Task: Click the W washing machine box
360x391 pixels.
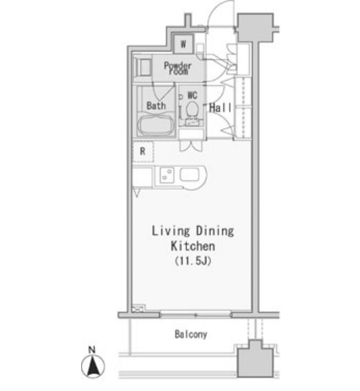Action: [183, 44]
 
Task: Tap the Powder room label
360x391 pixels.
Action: [178, 68]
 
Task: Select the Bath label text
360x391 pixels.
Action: [156, 106]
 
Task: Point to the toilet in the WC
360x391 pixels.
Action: [192, 109]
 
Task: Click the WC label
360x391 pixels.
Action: [192, 95]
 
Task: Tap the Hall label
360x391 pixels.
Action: [220, 108]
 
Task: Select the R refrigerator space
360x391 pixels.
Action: [143, 152]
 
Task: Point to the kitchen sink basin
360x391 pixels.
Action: [190, 174]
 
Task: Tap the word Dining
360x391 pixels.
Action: [215, 231]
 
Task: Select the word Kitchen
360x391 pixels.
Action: [193, 246]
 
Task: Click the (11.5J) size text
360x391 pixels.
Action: [193, 261]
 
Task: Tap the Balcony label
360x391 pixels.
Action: [191, 334]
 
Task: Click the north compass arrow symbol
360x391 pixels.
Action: [93, 367]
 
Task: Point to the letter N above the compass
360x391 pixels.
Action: [92, 350]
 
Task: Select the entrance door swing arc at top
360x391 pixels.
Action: [221, 13]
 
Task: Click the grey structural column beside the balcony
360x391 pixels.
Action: [255, 359]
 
